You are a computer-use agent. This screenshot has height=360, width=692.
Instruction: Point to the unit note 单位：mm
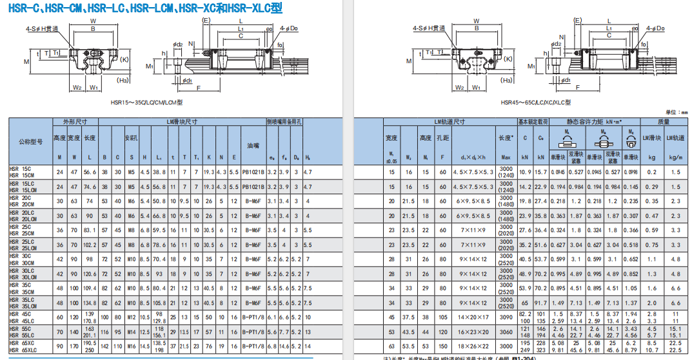pyautogui.click(x=676, y=112)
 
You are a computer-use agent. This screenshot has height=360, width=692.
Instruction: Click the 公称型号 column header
pyautogui.click(x=30, y=141)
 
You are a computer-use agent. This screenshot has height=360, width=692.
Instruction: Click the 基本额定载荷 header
pyautogui.click(x=533, y=121)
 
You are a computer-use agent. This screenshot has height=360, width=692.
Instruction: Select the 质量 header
pyautogui.click(x=664, y=121)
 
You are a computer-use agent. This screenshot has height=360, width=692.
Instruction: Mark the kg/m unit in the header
pyautogui.click(x=676, y=157)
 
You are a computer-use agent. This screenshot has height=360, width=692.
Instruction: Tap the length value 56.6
pyautogui.click(x=90, y=172)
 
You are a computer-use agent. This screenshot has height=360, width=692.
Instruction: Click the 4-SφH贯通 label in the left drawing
pyautogui.click(x=41, y=28)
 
